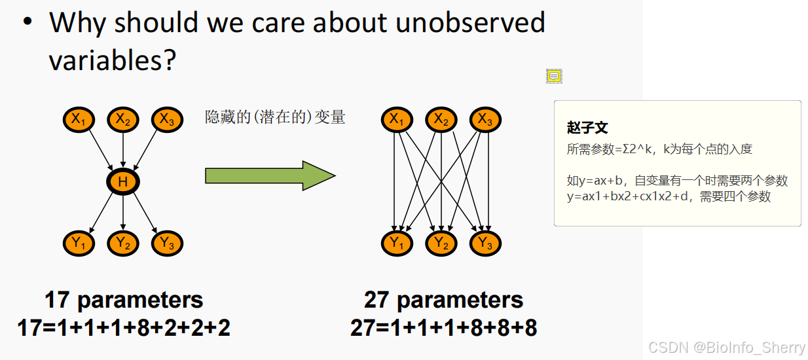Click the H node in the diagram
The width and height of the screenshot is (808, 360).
(123, 182)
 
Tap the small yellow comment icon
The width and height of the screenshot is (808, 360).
(554, 77)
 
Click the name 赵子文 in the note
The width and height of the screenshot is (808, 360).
(587, 128)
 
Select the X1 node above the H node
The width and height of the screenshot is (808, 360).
(79, 119)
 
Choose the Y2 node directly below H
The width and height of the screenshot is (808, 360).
(123, 243)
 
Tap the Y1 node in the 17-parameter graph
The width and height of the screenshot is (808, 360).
(79, 243)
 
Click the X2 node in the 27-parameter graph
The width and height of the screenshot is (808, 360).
(441, 120)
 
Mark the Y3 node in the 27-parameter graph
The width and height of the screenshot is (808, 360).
(485, 243)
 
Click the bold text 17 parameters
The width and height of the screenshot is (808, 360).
(124, 300)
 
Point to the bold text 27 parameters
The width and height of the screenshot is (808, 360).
(443, 300)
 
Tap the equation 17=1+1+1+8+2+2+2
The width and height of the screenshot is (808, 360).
(124, 327)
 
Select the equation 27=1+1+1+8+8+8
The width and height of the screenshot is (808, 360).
(443, 327)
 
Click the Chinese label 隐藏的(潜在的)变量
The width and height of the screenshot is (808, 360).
(275, 117)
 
